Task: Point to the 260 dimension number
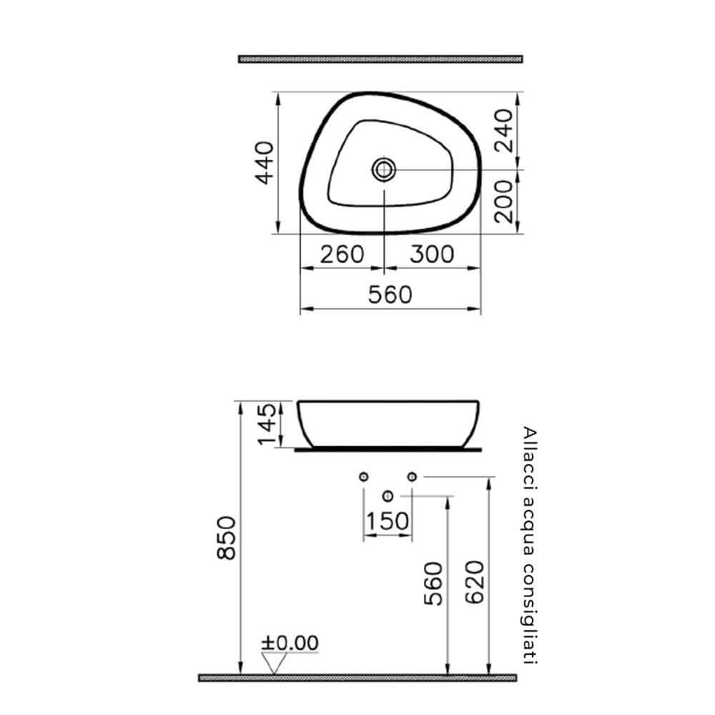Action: [342, 254]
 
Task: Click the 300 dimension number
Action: [431, 254]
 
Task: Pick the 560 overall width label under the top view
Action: [390, 294]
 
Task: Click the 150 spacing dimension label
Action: [388, 522]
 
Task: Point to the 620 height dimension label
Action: [477, 582]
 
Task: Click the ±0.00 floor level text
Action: [290, 643]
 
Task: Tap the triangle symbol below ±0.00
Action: [272, 664]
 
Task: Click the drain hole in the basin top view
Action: [384, 169]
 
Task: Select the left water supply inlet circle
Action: [363, 476]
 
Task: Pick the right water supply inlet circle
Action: [412, 476]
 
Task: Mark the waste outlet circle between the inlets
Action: [388, 495]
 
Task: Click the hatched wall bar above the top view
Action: [380, 59]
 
